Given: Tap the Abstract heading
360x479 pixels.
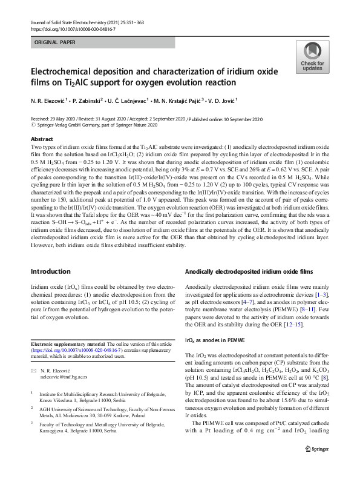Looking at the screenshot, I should point(42,139).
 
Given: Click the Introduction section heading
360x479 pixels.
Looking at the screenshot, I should point(51,271).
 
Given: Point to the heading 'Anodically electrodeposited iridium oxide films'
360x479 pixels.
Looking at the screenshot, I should point(249,272).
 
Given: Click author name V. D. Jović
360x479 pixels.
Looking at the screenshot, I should point(220,101).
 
